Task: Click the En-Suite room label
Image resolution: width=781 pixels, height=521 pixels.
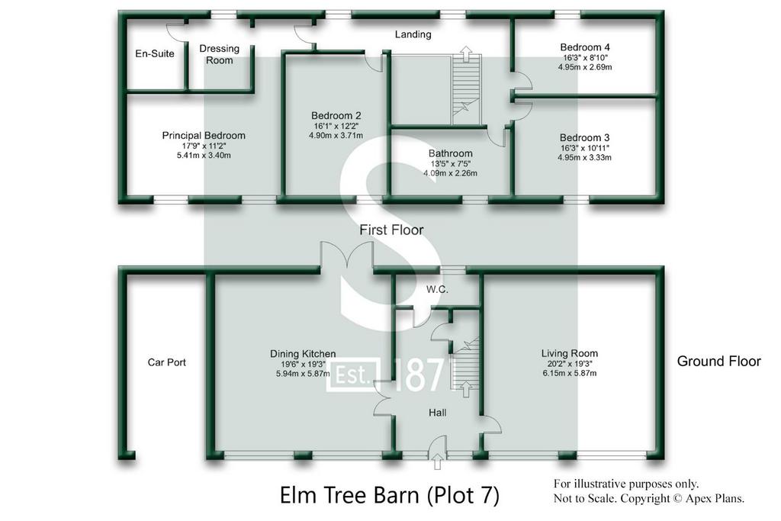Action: (155, 53)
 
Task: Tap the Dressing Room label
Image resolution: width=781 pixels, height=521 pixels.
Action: (219, 54)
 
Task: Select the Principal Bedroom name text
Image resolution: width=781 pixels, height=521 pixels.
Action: (204, 136)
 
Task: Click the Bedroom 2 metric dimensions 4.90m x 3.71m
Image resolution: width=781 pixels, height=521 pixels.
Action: (336, 136)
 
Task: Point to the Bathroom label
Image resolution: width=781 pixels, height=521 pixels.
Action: (450, 153)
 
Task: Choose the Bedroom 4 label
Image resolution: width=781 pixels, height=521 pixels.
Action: (585, 47)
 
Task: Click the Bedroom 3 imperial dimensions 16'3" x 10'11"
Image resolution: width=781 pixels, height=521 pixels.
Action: (585, 148)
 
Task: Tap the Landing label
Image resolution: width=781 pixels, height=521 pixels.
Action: (413, 34)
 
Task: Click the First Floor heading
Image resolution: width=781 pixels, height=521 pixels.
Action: (391, 230)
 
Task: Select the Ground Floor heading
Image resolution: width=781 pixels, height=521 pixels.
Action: (718, 361)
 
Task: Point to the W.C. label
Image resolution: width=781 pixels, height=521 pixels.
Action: (437, 289)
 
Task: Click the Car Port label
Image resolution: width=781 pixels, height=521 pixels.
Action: (167, 362)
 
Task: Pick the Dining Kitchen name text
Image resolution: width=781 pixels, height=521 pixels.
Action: (303, 354)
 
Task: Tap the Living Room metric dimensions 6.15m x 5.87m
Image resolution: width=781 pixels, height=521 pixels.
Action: (570, 372)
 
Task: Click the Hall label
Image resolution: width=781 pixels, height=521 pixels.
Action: (437, 413)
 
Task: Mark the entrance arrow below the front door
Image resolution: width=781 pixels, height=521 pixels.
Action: (437, 462)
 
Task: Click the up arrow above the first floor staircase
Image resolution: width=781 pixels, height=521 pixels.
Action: (466, 53)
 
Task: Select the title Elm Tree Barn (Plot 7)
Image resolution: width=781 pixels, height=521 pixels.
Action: (390, 496)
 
